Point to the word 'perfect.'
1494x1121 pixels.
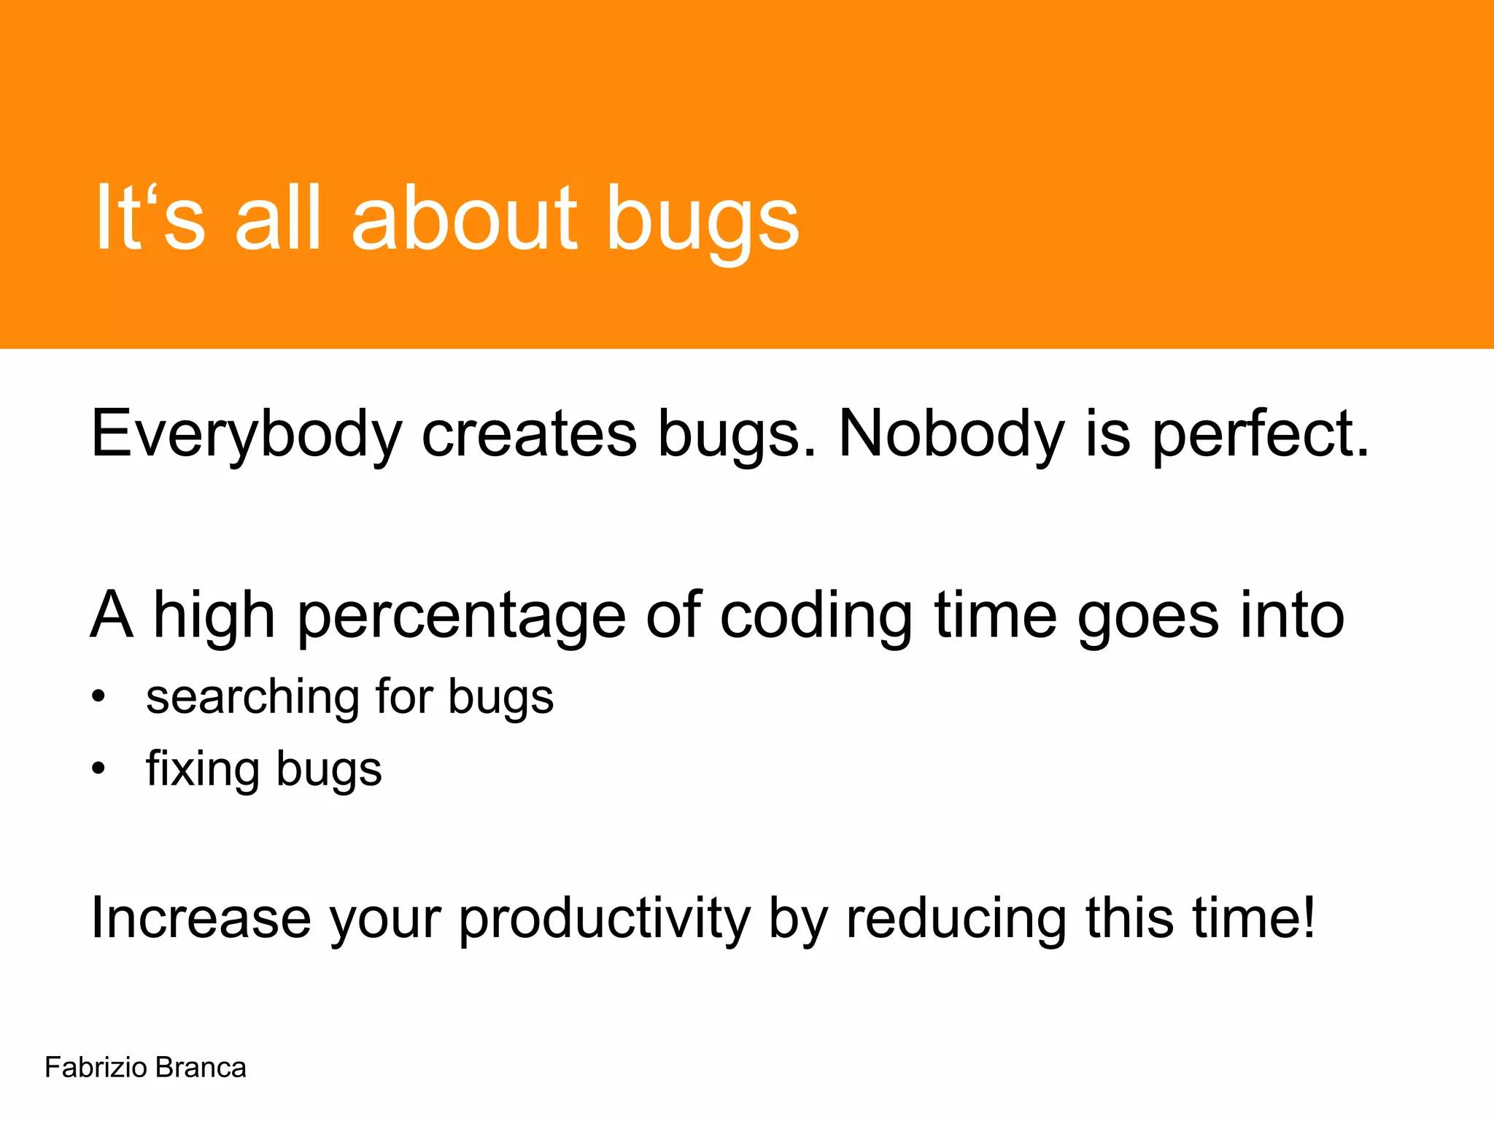tap(1260, 435)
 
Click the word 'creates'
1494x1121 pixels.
tap(529, 434)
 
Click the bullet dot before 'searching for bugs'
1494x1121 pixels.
tap(98, 696)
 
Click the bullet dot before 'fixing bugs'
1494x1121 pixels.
tap(98, 768)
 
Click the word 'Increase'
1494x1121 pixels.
tap(201, 917)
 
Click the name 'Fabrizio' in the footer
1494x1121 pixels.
tap(96, 1068)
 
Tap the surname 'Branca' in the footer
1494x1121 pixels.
tap(201, 1068)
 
